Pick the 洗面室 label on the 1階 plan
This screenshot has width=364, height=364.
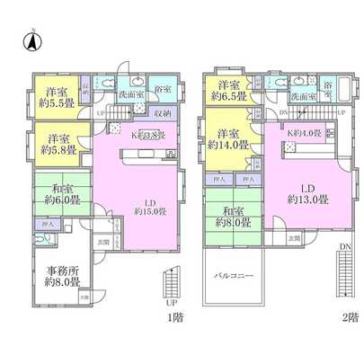(128, 93)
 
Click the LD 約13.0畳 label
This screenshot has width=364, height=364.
(306, 194)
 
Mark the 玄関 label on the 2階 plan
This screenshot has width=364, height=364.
(294, 237)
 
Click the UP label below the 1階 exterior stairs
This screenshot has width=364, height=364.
(170, 303)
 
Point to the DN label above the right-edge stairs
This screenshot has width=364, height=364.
(345, 244)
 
